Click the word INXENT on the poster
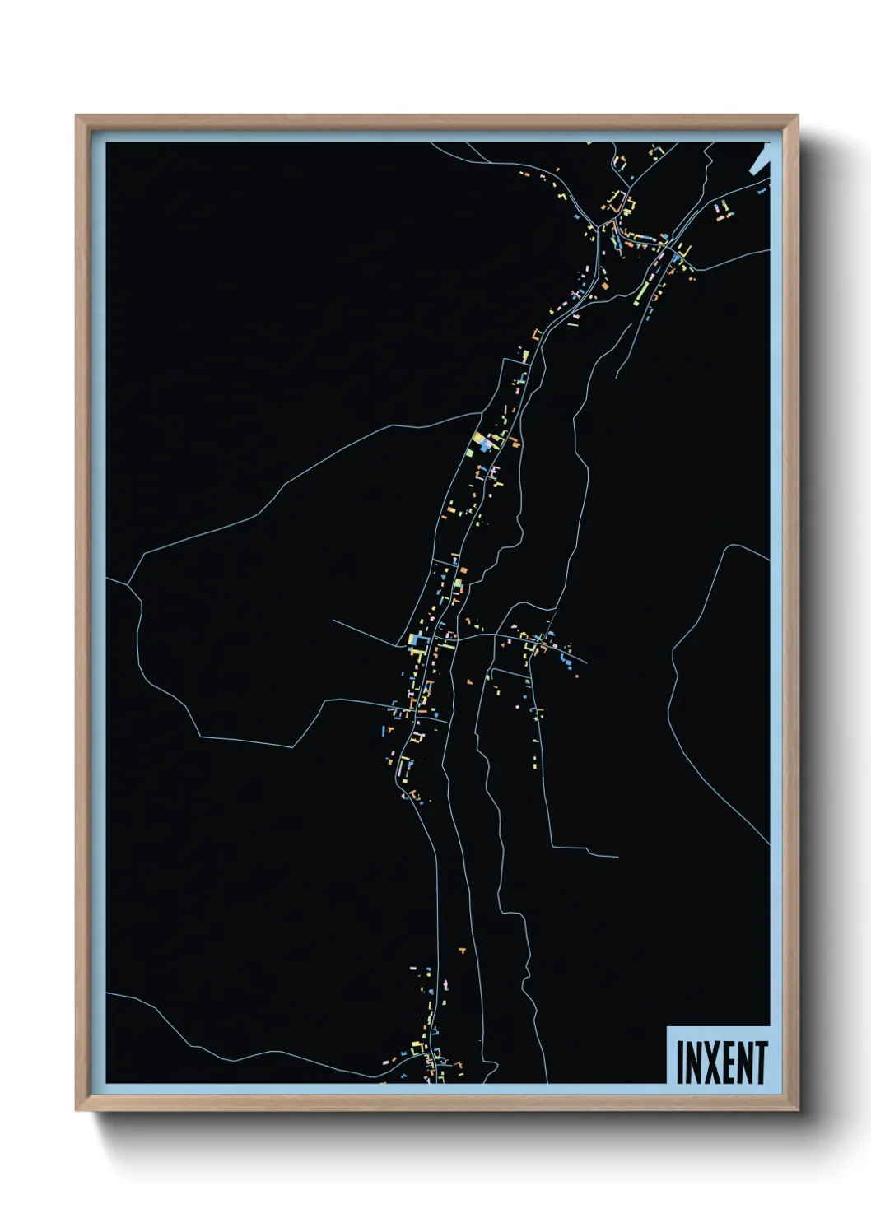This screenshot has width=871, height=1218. (x=721, y=1062)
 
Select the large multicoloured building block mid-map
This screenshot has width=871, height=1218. (x=485, y=444)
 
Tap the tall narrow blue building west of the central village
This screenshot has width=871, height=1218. (x=384, y=729)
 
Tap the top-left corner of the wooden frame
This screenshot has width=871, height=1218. (x=77, y=116)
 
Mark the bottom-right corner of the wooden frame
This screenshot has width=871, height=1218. (x=797, y=1109)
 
